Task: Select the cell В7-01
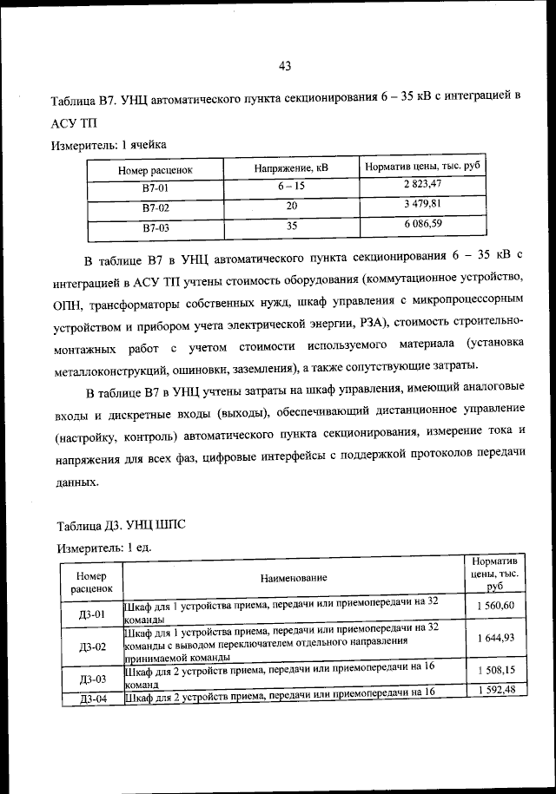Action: coord(155,187)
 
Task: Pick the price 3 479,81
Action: coord(422,205)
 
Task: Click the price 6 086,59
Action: coord(422,226)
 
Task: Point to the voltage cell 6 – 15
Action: coord(292,186)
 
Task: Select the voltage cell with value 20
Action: coord(292,207)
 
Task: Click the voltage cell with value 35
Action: coord(292,227)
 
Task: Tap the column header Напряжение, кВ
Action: coord(292,166)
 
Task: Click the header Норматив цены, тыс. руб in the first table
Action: coord(422,165)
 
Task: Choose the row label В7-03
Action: coord(155,229)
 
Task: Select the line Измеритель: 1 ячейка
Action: coord(109,144)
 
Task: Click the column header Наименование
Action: coord(293,577)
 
